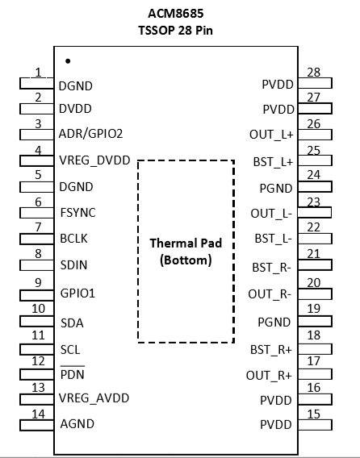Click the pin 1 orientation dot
pyautogui.click(x=68, y=61)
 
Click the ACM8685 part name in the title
pyautogui.click(x=175, y=14)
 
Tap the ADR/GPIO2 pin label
pyautogui.click(x=90, y=134)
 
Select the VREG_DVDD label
pyautogui.click(x=94, y=160)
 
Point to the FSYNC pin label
pyautogui.click(x=77, y=213)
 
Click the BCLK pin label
pyautogui.click(x=73, y=239)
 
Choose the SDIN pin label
pyautogui.click(x=73, y=265)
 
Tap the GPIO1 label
pyautogui.click(x=77, y=293)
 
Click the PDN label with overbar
pyautogui.click(x=72, y=373)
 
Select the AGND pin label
pyautogui.click(x=77, y=424)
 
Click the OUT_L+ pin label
pyautogui.click(x=271, y=135)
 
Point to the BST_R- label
pyautogui.click(x=272, y=267)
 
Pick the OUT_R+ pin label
pyautogui.click(x=269, y=375)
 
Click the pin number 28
pyautogui.click(x=314, y=73)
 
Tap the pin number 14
pyautogui.click(x=38, y=414)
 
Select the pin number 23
pyautogui.click(x=314, y=202)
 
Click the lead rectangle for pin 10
pyautogui.click(x=37, y=321)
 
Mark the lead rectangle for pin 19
pyautogui.click(x=315, y=321)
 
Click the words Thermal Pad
pyautogui.click(x=186, y=243)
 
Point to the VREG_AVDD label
pyautogui.click(x=94, y=398)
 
